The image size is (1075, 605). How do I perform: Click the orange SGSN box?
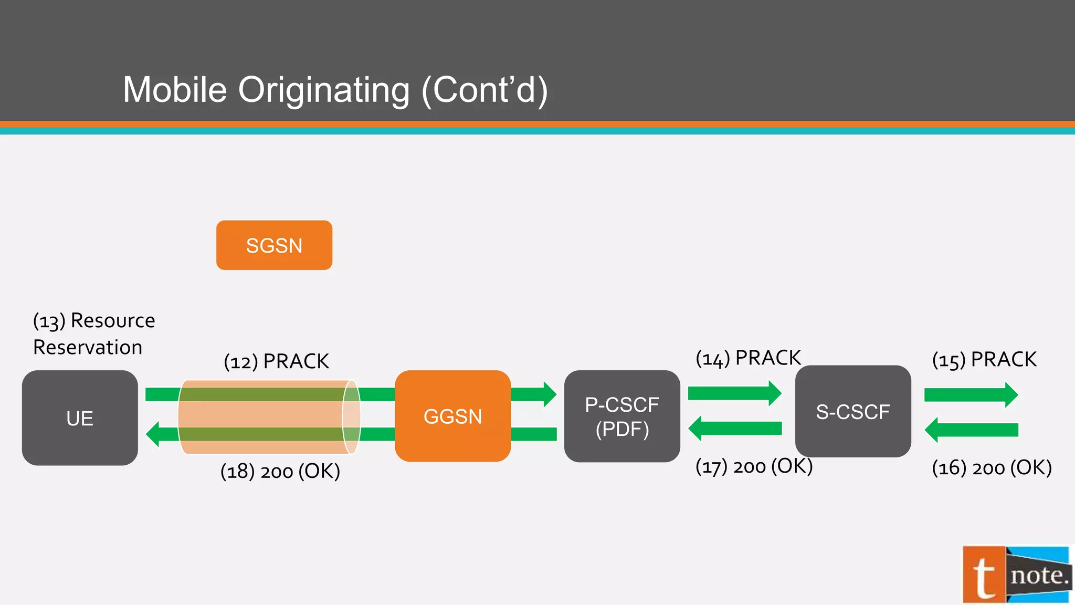pos(274,245)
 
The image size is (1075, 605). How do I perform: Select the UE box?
pos(80,418)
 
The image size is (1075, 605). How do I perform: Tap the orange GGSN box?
pos(452,416)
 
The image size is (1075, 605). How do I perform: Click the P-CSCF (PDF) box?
pos(622,416)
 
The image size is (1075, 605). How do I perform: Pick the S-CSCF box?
pos(853,412)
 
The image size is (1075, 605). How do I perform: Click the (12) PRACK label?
pos(276,362)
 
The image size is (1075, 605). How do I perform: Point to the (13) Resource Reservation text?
pos(93,334)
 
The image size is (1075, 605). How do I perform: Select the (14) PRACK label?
pos(748,358)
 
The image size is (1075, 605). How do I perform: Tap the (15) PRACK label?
pos(984,360)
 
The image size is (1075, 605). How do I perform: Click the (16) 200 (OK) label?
pos(992,467)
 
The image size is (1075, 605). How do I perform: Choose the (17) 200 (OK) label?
pos(754,466)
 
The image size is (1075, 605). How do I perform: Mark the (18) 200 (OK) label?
pos(280,471)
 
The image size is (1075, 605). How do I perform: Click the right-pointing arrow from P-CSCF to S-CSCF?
pos(734,393)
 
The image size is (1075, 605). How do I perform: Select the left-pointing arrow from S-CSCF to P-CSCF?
pos(734,429)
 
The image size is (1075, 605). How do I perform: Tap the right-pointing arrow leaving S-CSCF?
pos(971,395)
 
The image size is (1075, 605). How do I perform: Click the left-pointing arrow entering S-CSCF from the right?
pos(971,430)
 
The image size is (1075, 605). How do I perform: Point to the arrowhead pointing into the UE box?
pos(153,434)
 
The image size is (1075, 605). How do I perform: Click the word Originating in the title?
pos(324,90)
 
